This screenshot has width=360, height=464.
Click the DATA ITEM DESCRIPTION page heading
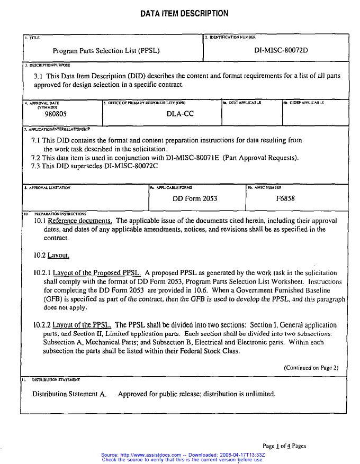pos(184,14)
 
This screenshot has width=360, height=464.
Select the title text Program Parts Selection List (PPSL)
pos(106,51)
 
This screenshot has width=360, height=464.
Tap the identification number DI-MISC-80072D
pos(281,51)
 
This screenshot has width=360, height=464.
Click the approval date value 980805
pos(56,113)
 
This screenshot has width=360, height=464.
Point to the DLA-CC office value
pos(176,113)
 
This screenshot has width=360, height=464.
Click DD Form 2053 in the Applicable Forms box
pos(195,198)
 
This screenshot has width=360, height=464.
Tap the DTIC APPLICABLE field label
pos(242,103)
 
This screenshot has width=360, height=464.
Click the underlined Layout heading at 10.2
pos(58,256)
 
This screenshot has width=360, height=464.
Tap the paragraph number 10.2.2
pos(42,325)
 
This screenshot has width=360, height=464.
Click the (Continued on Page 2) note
pos(311,368)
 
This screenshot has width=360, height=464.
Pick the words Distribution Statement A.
pos(69,394)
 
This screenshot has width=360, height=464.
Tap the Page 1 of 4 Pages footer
pos(284,446)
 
